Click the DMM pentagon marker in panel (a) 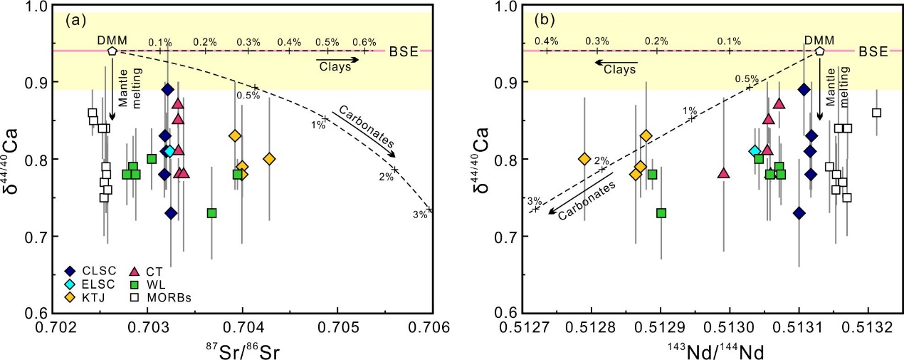click(112, 51)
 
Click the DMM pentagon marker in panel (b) click(819, 51)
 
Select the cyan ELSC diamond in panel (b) click(755, 151)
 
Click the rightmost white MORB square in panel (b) click(876, 113)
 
